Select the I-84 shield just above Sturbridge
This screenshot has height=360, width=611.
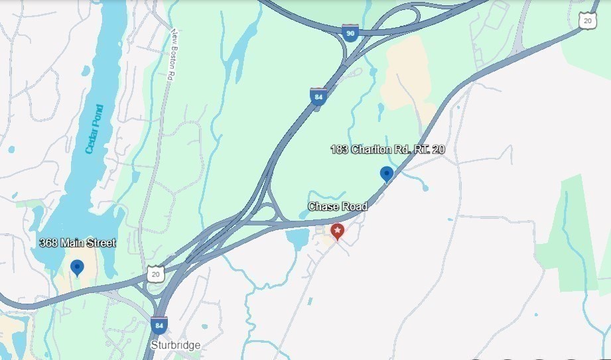[159, 326]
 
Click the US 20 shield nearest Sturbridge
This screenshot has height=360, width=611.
[155, 273]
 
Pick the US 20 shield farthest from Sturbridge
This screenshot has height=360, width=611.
[587, 20]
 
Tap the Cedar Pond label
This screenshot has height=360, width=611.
[94, 129]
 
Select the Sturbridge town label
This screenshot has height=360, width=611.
[175, 345]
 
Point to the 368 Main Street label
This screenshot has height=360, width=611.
[77, 243]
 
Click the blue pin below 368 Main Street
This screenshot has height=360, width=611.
[78, 267]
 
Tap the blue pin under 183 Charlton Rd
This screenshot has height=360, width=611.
[386, 174]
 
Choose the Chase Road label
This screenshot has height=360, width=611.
[338, 207]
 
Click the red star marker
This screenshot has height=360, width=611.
[338, 231]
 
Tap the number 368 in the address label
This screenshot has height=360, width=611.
[48, 243]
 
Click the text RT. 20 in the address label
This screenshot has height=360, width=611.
[429, 149]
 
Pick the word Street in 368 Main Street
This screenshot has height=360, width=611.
[100, 243]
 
